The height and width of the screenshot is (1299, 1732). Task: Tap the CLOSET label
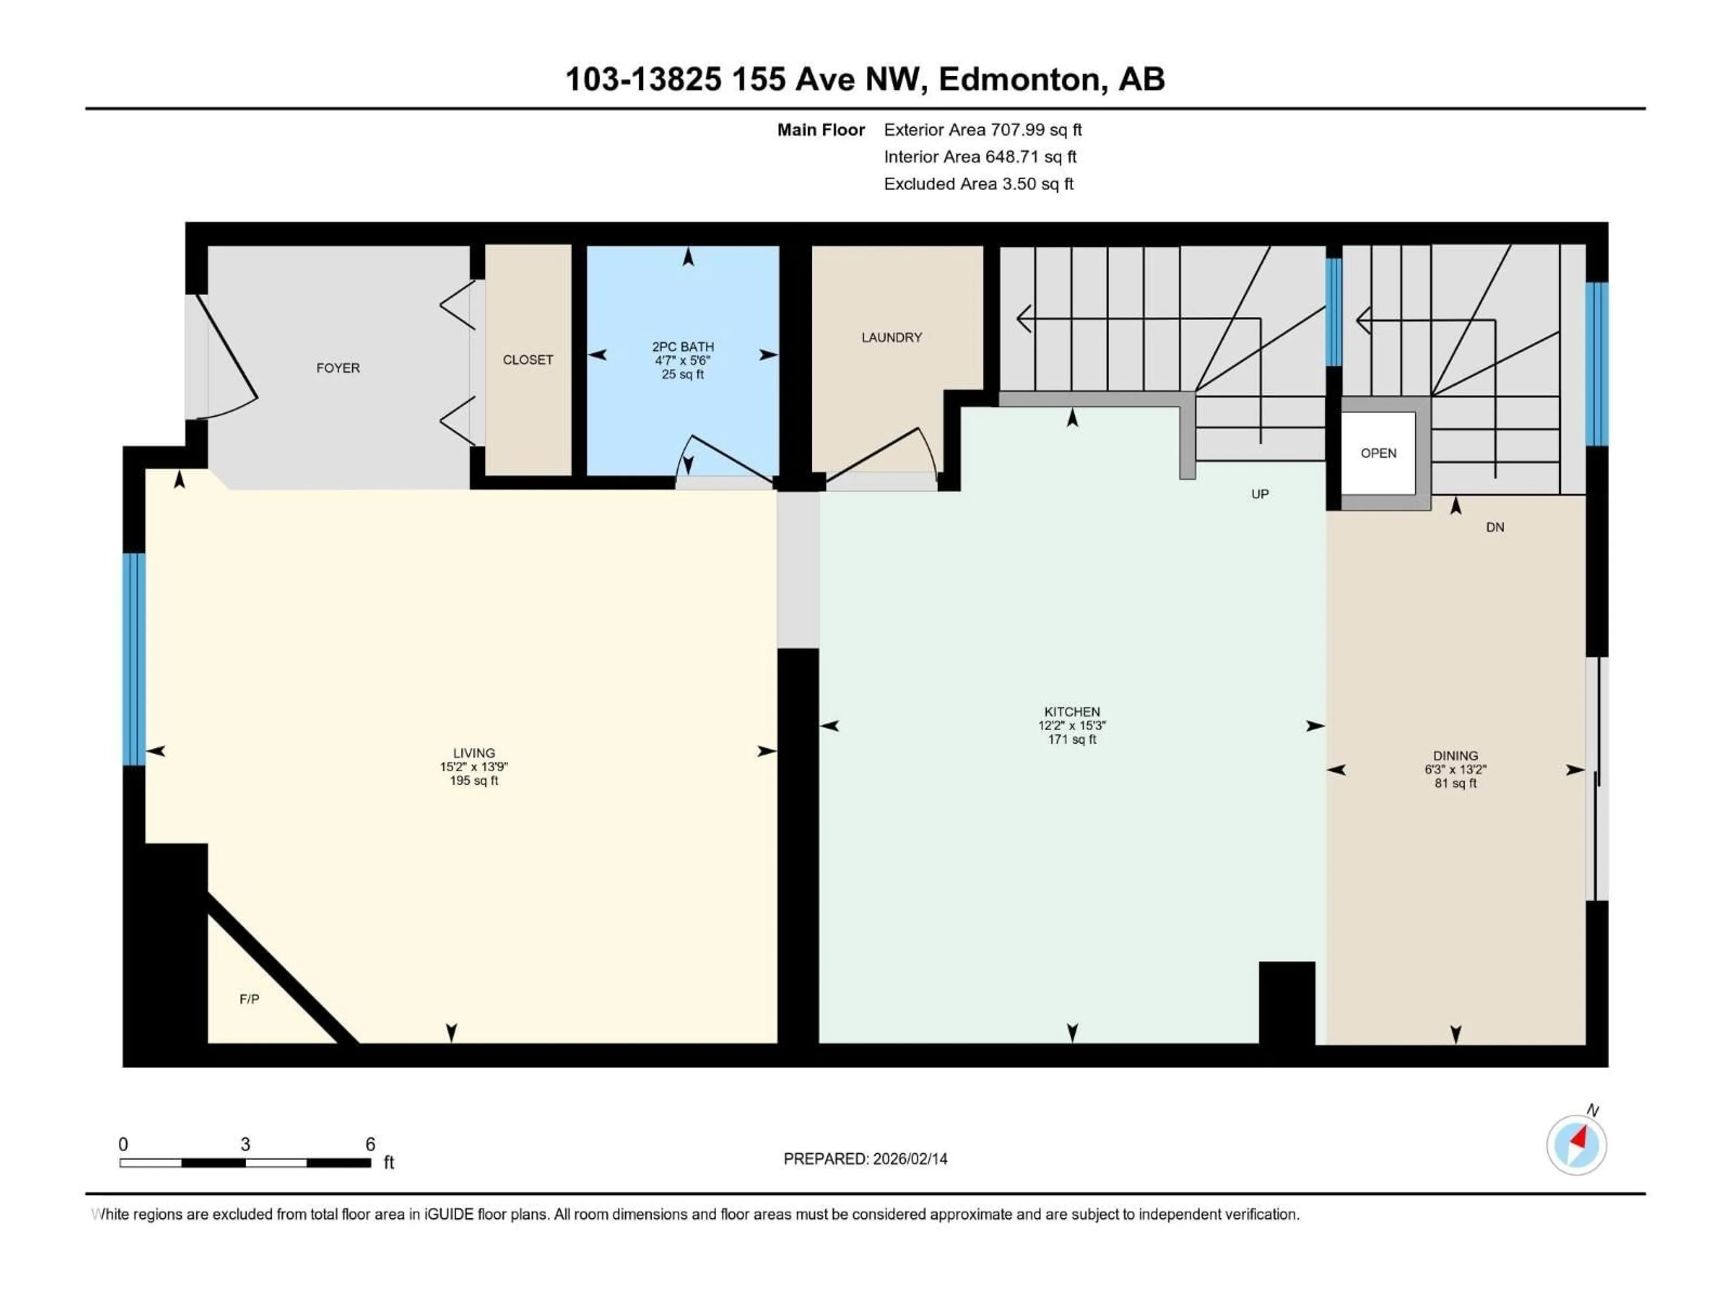pos(528,360)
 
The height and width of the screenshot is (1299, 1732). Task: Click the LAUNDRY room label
pos(891,337)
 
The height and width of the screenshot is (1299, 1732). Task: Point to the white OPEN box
pos(1378,453)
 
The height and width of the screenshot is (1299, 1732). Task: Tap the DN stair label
pos(1495,528)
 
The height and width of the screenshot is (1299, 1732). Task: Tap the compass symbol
pos(1576,1145)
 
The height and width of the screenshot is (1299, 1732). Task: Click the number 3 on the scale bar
pos(245,1145)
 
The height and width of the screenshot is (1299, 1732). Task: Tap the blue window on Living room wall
pos(134,659)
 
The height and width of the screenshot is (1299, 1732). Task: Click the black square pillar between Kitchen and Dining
pos(1286,1004)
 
